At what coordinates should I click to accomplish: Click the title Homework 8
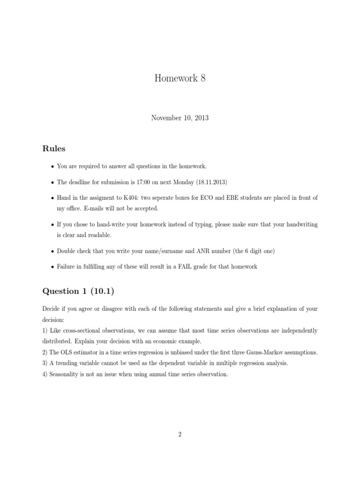coord(180,78)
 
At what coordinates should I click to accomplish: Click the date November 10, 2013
coord(180,118)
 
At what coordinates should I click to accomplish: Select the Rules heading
coord(54,149)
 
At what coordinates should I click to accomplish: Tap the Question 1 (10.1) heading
coord(78,291)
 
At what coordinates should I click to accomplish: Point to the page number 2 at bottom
coord(180,435)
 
